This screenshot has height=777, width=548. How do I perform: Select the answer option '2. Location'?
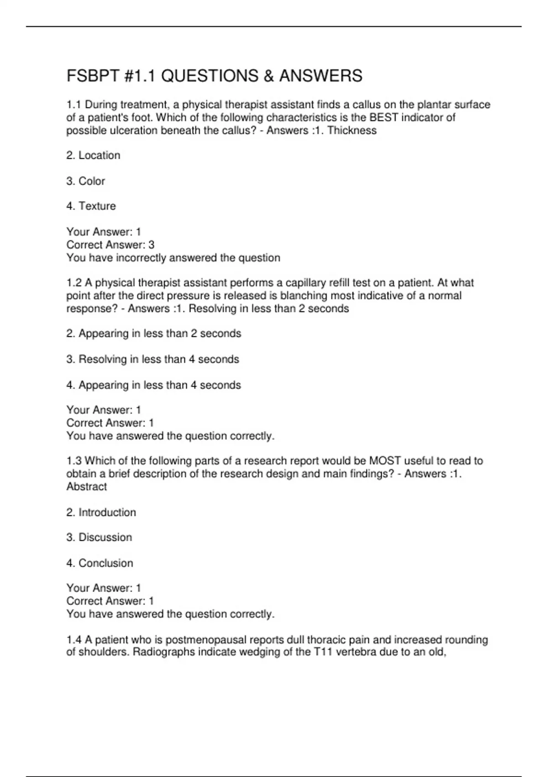93,155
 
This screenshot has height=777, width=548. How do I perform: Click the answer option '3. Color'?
85,181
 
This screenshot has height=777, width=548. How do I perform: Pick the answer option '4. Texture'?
91,206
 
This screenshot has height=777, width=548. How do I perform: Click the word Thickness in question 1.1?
352,131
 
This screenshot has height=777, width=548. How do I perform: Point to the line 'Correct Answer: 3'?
110,245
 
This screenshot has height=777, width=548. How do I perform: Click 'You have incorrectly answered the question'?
173,258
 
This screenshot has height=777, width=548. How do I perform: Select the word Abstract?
87,487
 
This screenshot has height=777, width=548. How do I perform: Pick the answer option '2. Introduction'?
101,512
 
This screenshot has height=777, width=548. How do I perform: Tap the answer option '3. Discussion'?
99,538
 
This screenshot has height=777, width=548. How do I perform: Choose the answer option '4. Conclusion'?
100,563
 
